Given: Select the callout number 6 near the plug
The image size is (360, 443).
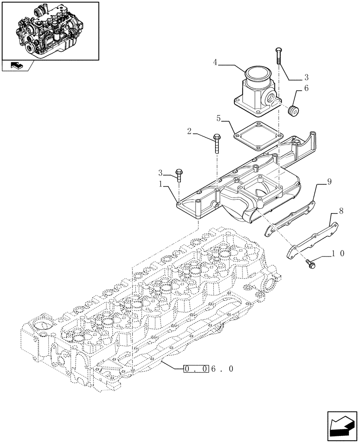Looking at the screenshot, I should coord(306,89).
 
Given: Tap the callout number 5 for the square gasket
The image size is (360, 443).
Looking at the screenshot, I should coord(219,118).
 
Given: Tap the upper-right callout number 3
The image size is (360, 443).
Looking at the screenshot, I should coord(306,76).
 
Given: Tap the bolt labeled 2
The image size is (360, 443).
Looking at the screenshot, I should coord(216,142).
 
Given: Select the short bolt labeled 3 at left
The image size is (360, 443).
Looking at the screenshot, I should coord(179,175).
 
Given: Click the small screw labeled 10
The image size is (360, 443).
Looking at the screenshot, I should coord(309,264).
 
